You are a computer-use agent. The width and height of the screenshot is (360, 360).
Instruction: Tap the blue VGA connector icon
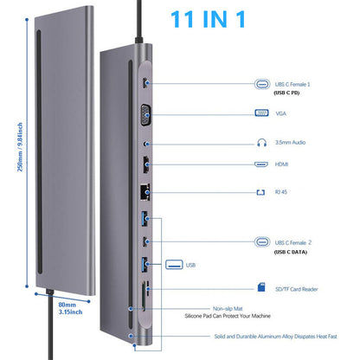(261, 112)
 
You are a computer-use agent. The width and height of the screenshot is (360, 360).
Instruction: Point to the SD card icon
(261, 287)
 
